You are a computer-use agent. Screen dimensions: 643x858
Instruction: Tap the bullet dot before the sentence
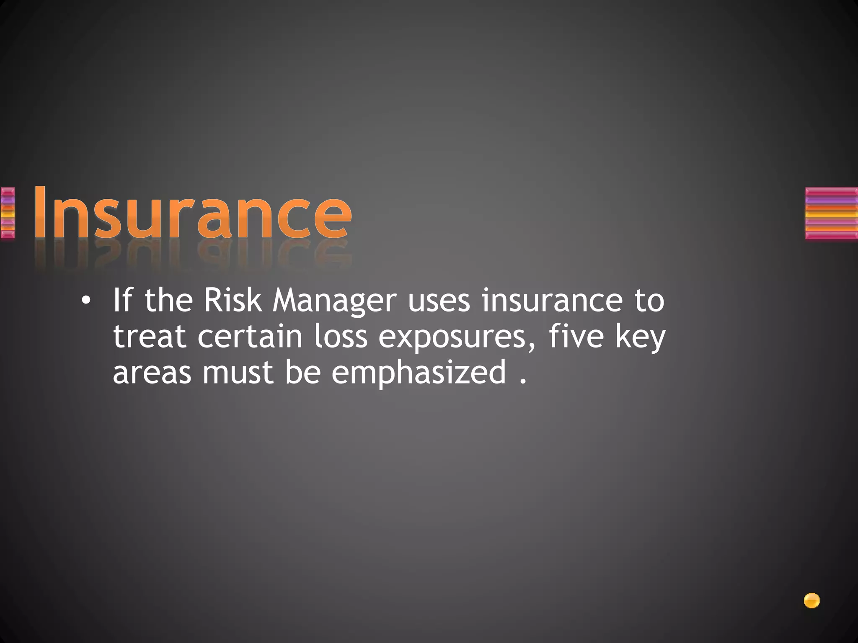86,301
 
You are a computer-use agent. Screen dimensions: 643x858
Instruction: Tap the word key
640,337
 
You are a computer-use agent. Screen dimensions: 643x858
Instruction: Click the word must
238,373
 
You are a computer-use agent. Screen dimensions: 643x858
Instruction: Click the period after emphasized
522,381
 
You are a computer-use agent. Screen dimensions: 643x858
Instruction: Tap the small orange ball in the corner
811,601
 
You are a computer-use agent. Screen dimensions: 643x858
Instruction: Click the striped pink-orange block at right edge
831,213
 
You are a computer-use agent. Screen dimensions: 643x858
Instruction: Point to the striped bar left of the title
8,213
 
